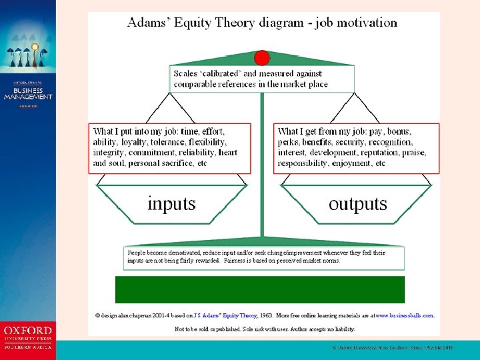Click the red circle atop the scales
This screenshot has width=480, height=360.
262,57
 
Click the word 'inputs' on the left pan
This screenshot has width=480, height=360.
171,203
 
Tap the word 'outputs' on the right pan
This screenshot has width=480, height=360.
357,203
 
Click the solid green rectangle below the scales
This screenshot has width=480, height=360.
260,289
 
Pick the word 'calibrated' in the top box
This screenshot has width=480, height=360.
231,73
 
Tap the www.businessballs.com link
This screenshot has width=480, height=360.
405,315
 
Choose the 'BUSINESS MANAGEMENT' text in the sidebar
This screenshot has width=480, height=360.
28,93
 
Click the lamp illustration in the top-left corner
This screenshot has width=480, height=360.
25,53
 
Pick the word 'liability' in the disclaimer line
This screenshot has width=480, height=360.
343,329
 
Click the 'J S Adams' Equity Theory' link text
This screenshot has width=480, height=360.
225,315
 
